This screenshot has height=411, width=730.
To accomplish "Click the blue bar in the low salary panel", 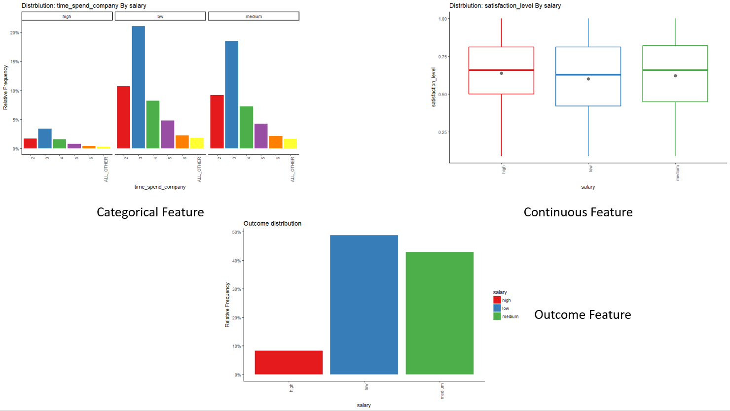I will pyautogui.click(x=138, y=87).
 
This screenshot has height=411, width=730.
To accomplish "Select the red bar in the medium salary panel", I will pyautogui.click(x=217, y=122).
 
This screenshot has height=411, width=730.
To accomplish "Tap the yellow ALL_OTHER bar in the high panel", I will pyautogui.click(x=104, y=147).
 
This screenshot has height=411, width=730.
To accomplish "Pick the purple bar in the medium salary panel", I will pyautogui.click(x=261, y=136).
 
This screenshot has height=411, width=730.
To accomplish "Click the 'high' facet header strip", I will pyautogui.click(x=67, y=16).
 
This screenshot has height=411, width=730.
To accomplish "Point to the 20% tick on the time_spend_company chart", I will pyautogui.click(x=15, y=33).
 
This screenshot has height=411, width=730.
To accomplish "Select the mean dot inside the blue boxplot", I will pyautogui.click(x=588, y=79).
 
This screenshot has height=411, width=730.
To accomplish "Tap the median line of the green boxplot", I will pyautogui.click(x=675, y=70).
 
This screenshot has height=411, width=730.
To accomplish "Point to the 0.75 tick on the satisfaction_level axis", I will pyautogui.click(x=442, y=57).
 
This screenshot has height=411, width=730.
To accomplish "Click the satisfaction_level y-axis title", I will pyautogui.click(x=434, y=87).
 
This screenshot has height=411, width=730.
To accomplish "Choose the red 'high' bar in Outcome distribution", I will pyautogui.click(x=289, y=362).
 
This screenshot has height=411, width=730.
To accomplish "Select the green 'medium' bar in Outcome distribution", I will pyautogui.click(x=439, y=313).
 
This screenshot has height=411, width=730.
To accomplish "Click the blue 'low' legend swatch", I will pyautogui.click(x=497, y=308).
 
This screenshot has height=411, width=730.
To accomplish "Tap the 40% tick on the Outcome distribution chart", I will pyautogui.click(x=236, y=261).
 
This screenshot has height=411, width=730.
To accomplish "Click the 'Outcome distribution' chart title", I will pyautogui.click(x=272, y=223).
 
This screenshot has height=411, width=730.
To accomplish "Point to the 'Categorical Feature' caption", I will pyautogui.click(x=150, y=212).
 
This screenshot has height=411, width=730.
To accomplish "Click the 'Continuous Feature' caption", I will pyautogui.click(x=578, y=212).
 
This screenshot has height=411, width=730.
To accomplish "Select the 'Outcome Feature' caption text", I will pyautogui.click(x=583, y=315).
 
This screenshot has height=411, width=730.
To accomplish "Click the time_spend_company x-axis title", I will pyautogui.click(x=160, y=187).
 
